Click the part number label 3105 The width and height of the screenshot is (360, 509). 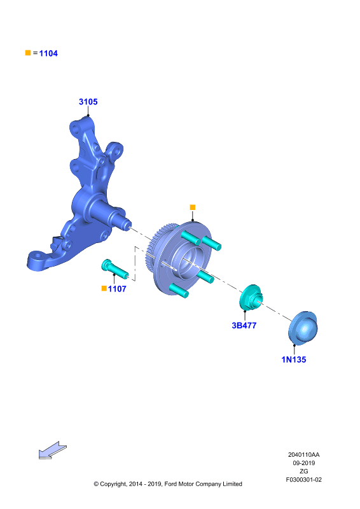coord(88,102)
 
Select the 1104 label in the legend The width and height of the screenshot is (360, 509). coord(48,53)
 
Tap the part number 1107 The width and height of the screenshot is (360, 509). coord(117,289)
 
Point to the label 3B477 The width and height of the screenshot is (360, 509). coord(244,326)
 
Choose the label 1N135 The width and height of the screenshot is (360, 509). coord(294,359)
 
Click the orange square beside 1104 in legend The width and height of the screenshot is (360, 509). coord(28,53)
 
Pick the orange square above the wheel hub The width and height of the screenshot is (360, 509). coord(193,207)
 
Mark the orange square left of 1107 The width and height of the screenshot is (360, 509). coord(104,288)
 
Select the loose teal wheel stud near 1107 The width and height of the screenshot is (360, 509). coord(114,268)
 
